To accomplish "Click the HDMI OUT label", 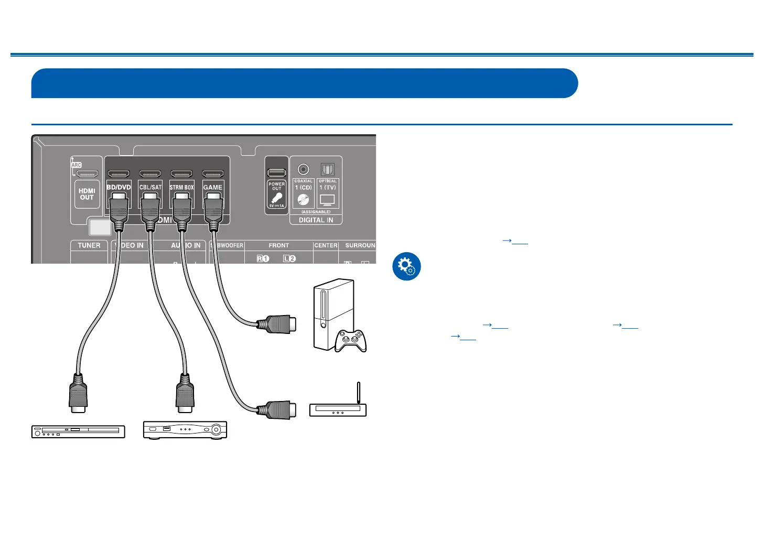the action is click(87, 194).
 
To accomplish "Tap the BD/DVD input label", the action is click(119, 187).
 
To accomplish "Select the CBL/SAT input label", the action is click(150, 187).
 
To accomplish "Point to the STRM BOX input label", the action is click(181, 187).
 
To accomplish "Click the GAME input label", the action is click(213, 187).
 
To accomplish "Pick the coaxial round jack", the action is click(303, 169).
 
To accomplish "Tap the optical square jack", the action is click(327, 169).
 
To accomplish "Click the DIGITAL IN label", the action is click(316, 220).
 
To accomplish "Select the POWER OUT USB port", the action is click(276, 172).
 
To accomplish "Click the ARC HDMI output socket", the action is click(87, 174).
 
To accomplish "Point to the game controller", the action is click(351, 340).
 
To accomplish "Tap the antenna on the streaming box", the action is click(358, 393).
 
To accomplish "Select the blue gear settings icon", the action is click(406, 266).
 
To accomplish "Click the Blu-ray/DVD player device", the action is click(78, 431).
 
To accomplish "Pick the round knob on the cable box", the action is click(216, 430).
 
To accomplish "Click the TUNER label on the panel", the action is click(89, 245).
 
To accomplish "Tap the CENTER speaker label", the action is click(326, 245).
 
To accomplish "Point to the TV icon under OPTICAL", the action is click(327, 200).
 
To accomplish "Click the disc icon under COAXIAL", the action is click(303, 200).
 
